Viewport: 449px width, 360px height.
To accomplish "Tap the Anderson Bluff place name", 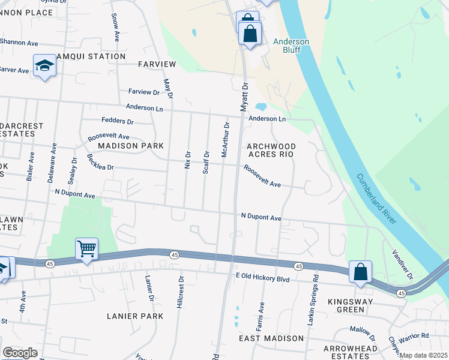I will (291, 46).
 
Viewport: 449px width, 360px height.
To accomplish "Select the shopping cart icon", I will (87, 248).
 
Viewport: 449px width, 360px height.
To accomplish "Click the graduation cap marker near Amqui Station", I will (44, 65).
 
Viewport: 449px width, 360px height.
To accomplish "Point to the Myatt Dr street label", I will (244, 97).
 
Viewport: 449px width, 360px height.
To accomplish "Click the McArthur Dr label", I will (226, 140).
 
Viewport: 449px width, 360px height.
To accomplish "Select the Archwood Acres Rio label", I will (272, 150).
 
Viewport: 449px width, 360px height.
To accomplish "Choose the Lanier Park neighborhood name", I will (131, 316).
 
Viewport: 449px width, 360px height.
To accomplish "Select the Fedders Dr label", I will (117, 121).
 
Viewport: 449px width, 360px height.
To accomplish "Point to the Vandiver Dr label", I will (402, 265).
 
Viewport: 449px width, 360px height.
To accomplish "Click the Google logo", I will (20, 353).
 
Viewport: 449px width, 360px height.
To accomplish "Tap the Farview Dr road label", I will (144, 92).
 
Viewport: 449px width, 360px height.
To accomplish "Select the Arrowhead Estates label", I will (351, 353).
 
